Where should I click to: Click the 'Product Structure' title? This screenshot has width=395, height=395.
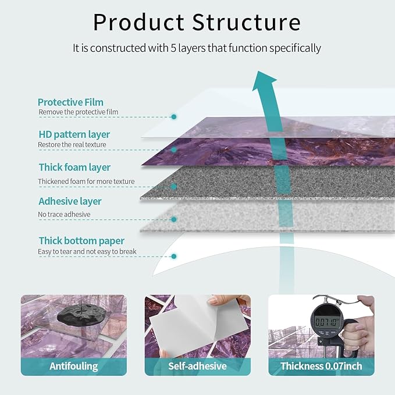(x=197, y=23)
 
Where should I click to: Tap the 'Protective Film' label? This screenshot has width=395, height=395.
(x=70, y=102)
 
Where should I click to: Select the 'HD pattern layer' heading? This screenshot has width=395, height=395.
(x=74, y=134)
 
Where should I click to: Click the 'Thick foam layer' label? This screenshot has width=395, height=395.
(x=74, y=168)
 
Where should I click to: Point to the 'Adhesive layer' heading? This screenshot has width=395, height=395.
(x=70, y=201)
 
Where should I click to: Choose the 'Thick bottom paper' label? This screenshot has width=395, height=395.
(x=81, y=240)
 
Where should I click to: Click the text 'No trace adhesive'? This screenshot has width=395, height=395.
(x=64, y=215)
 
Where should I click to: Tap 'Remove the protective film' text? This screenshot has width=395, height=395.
(x=78, y=112)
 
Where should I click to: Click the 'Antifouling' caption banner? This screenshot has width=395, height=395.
(x=73, y=366)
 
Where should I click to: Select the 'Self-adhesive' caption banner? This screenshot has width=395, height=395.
(x=197, y=366)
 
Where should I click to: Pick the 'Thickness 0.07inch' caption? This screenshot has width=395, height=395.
(x=321, y=366)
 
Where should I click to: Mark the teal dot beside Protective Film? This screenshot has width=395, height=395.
(x=174, y=117)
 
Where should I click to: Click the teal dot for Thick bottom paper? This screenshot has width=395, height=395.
(x=174, y=255)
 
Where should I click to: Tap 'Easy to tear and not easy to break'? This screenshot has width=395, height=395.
(x=87, y=251)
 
